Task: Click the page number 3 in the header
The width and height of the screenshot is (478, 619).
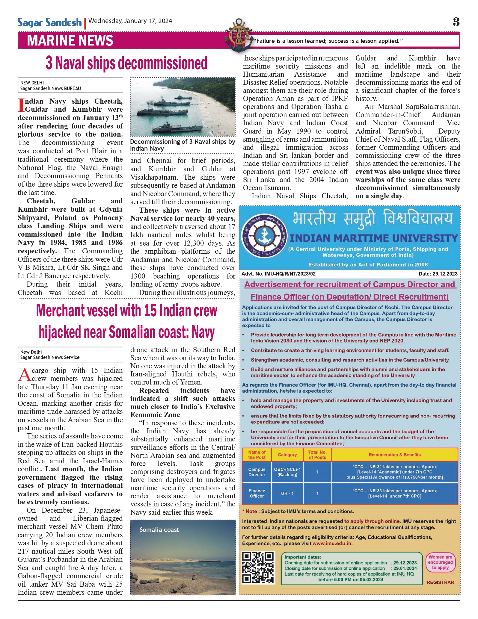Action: point(456,22)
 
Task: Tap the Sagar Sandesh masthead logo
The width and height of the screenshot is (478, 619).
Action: point(49,22)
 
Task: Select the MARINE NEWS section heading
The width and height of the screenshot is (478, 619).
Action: point(70,41)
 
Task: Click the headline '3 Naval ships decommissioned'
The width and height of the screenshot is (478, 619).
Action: point(126,63)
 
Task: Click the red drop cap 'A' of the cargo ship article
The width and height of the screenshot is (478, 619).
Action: point(25,374)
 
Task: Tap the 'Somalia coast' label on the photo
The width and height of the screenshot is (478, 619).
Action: point(159,530)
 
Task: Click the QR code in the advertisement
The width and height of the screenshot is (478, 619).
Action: point(258,568)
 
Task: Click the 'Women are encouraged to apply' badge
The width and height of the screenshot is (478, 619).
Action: point(440,562)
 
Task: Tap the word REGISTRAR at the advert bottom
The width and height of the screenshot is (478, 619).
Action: point(440,582)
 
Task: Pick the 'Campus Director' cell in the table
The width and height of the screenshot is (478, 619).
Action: point(257,472)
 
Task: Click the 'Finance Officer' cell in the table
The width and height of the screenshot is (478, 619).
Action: point(257,493)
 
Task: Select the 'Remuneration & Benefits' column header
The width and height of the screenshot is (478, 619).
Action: point(394,455)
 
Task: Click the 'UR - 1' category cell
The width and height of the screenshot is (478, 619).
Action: point(287,493)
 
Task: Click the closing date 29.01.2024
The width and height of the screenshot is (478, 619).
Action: point(405,568)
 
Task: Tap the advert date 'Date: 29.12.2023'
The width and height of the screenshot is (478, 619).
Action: point(438,274)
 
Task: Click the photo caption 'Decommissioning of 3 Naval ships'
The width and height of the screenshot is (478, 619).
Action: point(182,145)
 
